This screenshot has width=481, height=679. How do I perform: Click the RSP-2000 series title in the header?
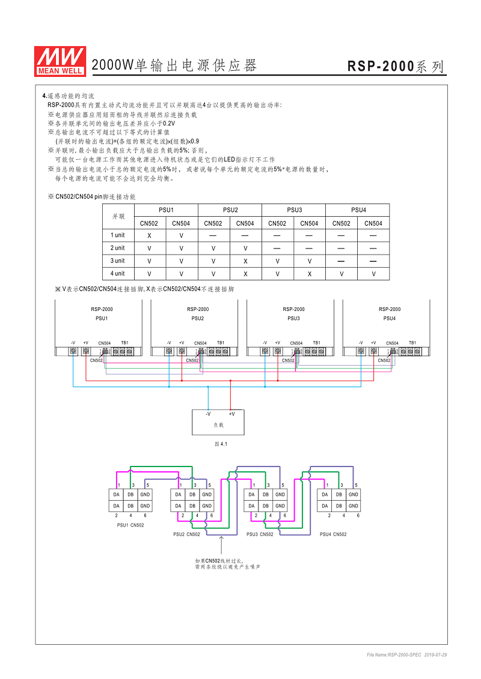pyautogui.click(x=396, y=67)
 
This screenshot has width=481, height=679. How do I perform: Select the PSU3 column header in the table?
pyautogui.click(x=293, y=210)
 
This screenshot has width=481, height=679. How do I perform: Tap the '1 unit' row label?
pyautogui.click(x=118, y=235)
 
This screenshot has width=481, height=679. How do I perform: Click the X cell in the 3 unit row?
pyautogui.click(x=245, y=261)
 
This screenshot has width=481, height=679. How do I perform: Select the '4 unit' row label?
pyautogui.click(x=118, y=274)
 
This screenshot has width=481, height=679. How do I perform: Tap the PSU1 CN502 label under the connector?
pyautogui.click(x=130, y=525)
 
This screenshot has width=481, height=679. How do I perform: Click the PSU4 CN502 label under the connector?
pyautogui.click(x=333, y=534)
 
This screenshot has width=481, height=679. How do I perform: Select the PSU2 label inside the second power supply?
pyautogui.click(x=197, y=318)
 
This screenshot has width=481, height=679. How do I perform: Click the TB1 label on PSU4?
pyautogui.click(x=412, y=343)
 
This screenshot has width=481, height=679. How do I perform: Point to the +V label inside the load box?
pyautogui.click(x=231, y=414)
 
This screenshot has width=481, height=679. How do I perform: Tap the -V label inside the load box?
pyautogui.click(x=207, y=414)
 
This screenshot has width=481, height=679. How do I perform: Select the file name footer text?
pyautogui.click(x=406, y=654)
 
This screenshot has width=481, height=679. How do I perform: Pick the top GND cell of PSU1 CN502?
pyautogui.click(x=145, y=495)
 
